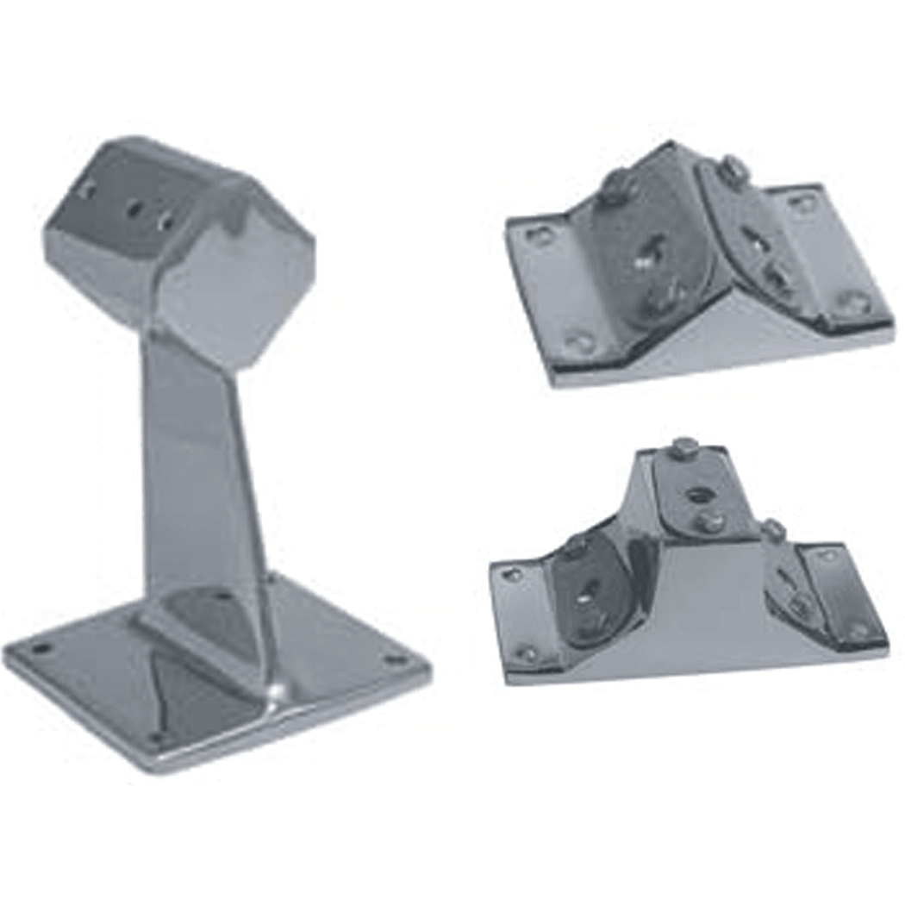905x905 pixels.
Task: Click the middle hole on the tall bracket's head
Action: (135, 208)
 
